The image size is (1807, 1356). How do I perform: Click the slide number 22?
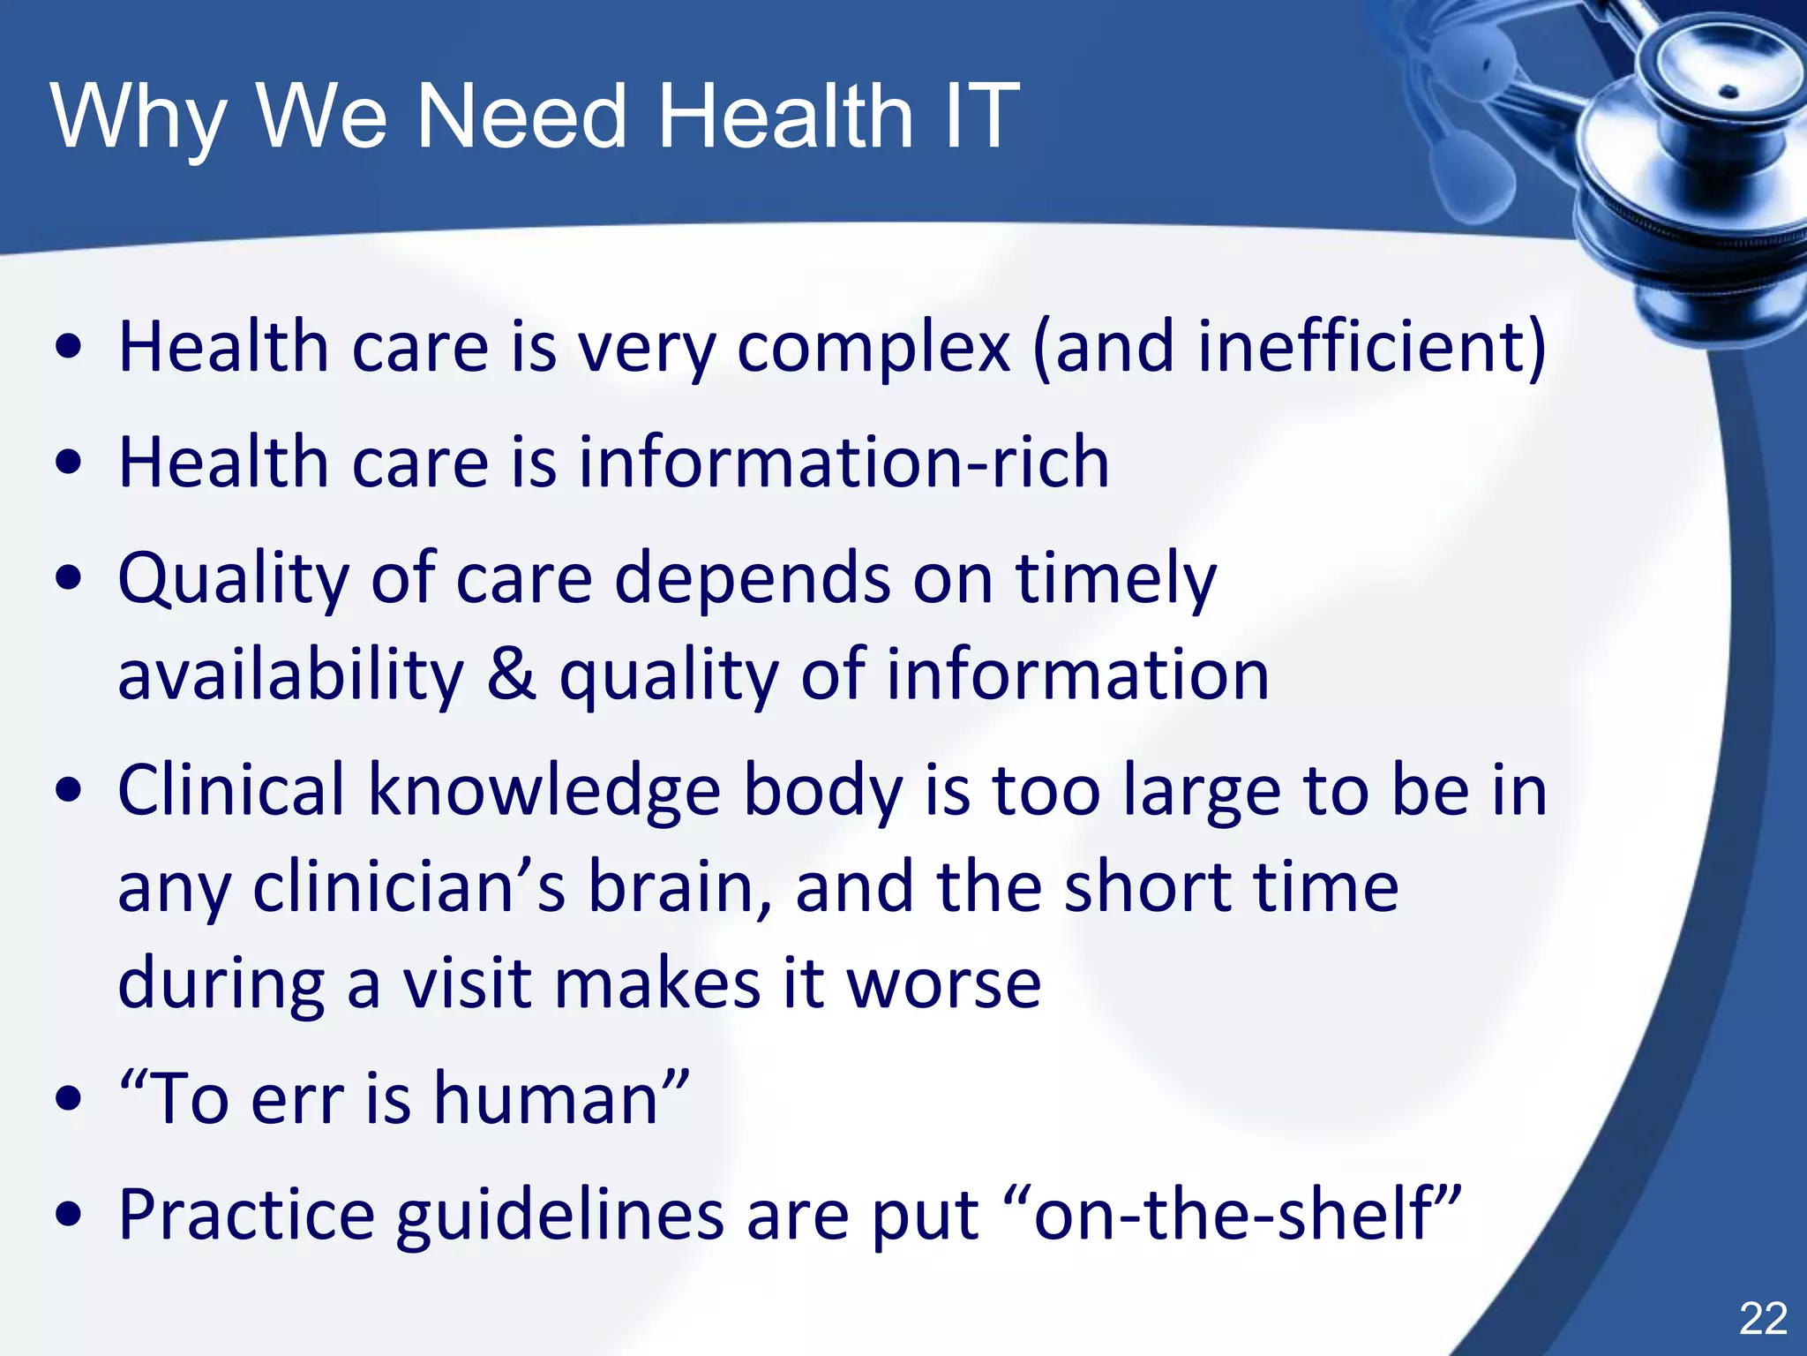(x=1762, y=1319)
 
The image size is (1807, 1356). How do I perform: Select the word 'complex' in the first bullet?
(x=873, y=348)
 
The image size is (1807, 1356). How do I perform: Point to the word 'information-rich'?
(x=844, y=462)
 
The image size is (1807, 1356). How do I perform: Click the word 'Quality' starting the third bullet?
(x=234, y=580)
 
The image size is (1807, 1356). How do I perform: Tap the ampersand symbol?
(x=511, y=674)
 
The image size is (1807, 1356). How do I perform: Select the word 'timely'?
(x=1115, y=580)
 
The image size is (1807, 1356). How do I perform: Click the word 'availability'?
(x=290, y=675)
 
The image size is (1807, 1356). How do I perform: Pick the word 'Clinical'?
(x=231, y=789)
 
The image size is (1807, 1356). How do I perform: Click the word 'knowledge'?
(x=544, y=791)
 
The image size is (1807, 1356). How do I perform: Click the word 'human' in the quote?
(x=546, y=1098)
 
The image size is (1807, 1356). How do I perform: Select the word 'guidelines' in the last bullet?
(x=559, y=1216)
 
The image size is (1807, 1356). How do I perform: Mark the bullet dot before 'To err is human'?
(x=68, y=1099)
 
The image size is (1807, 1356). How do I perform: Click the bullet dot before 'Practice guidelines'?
(x=68, y=1215)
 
